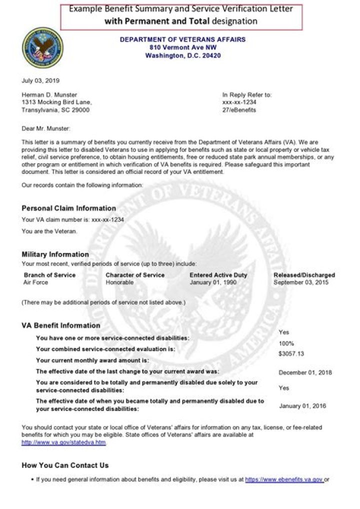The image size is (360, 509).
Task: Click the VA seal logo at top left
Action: (42, 48)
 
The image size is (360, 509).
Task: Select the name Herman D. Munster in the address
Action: (49, 95)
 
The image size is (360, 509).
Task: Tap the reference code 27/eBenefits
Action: (239, 110)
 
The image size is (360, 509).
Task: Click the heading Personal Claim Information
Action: (68, 208)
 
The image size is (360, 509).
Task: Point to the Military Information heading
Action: (55, 254)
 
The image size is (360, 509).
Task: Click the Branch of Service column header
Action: (49, 275)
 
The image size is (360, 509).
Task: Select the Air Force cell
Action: (35, 282)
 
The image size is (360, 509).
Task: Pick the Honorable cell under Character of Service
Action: (119, 282)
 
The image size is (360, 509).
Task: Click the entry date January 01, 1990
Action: (213, 282)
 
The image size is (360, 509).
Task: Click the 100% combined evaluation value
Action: (286, 344)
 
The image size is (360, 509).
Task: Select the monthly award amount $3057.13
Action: (291, 353)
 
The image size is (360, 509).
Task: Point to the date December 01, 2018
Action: (305, 372)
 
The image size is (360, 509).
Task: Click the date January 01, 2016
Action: (302, 406)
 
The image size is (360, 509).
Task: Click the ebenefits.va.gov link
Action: (284, 479)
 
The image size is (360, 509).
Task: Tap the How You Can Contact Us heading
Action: (65, 465)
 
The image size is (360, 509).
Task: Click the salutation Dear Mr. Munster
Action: (46, 129)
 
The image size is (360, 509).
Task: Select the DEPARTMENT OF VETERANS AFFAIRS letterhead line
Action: (182, 39)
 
